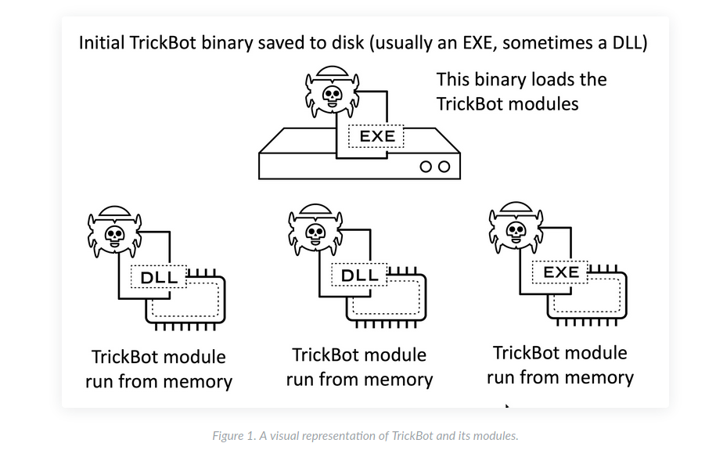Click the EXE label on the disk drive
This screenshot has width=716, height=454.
[376, 137]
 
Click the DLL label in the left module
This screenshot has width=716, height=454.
[160, 276]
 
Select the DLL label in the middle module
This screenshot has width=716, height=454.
[360, 275]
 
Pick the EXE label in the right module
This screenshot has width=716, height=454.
[561, 272]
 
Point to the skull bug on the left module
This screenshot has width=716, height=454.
[115, 232]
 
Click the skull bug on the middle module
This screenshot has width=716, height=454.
[315, 231]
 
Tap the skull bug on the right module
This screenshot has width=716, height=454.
[516, 229]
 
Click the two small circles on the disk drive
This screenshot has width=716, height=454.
[435, 167]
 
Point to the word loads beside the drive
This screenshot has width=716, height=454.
[552, 80]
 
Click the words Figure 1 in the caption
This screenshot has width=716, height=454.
[234, 436]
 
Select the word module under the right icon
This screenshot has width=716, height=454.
[595, 353]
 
